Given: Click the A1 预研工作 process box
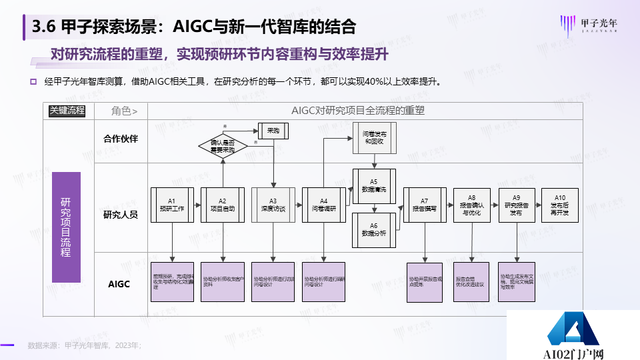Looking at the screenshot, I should (171, 204).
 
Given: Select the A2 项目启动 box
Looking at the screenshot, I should (223, 204).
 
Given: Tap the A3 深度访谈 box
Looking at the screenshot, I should (273, 204).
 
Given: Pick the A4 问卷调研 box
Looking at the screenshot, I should (323, 204).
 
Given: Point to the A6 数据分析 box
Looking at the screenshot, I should (373, 229).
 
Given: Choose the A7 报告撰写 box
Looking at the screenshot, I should (424, 204).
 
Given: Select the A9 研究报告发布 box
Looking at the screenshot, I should (516, 204).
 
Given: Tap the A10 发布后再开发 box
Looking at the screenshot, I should (559, 204).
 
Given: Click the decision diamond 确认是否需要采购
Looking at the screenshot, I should (223, 145).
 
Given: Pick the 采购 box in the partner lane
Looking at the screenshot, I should (273, 131).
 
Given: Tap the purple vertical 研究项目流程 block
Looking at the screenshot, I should (66, 227).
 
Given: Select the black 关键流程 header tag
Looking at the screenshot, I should (67, 111).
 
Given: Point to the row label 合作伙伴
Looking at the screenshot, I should (121, 139).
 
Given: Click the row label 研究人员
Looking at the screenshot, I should (121, 215).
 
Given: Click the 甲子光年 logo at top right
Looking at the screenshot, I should (593, 25).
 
